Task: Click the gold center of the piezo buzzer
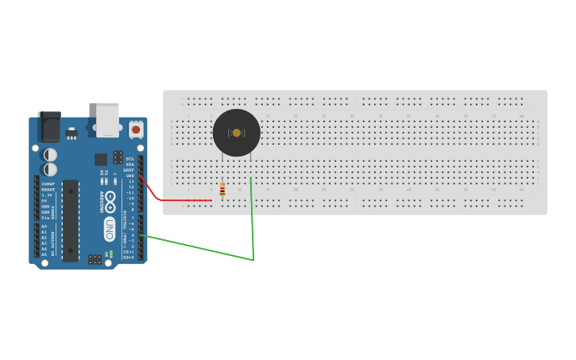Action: tap(237, 133)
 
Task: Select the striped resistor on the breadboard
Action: tap(222, 190)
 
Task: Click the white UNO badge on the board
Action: tap(110, 229)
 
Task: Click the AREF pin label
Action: tap(129, 170)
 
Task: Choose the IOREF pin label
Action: tap(48, 184)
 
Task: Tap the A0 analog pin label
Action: tap(44, 226)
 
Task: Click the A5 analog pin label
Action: tap(44, 254)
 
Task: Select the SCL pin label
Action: tap(130, 159)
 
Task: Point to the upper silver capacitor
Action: tap(50, 154)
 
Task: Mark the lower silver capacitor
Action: tap(50, 169)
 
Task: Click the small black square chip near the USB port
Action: tap(101, 160)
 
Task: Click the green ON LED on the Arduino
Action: tap(111, 254)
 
